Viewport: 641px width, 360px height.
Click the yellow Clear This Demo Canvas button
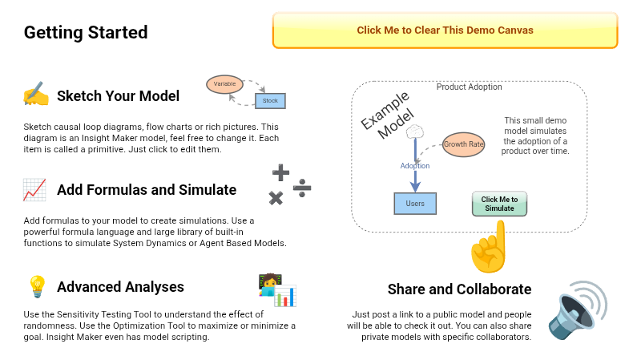445,30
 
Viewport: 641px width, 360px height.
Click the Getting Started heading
86,33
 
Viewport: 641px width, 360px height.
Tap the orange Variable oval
224,83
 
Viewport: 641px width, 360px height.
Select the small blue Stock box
271,101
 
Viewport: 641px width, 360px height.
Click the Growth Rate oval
464,144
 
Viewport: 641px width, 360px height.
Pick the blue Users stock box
415,203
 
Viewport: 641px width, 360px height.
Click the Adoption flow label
415,166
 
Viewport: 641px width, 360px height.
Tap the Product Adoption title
470,87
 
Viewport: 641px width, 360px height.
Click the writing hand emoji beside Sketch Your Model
36,95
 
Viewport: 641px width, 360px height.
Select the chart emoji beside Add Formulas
34,190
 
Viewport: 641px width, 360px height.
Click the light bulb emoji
36,286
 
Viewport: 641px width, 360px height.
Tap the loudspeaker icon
578,309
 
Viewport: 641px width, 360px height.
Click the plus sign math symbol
280,172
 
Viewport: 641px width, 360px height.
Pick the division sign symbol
302,188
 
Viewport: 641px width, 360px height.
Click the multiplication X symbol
276,198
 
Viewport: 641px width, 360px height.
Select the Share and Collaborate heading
459,289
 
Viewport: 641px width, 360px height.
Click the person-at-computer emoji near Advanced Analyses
276,289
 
